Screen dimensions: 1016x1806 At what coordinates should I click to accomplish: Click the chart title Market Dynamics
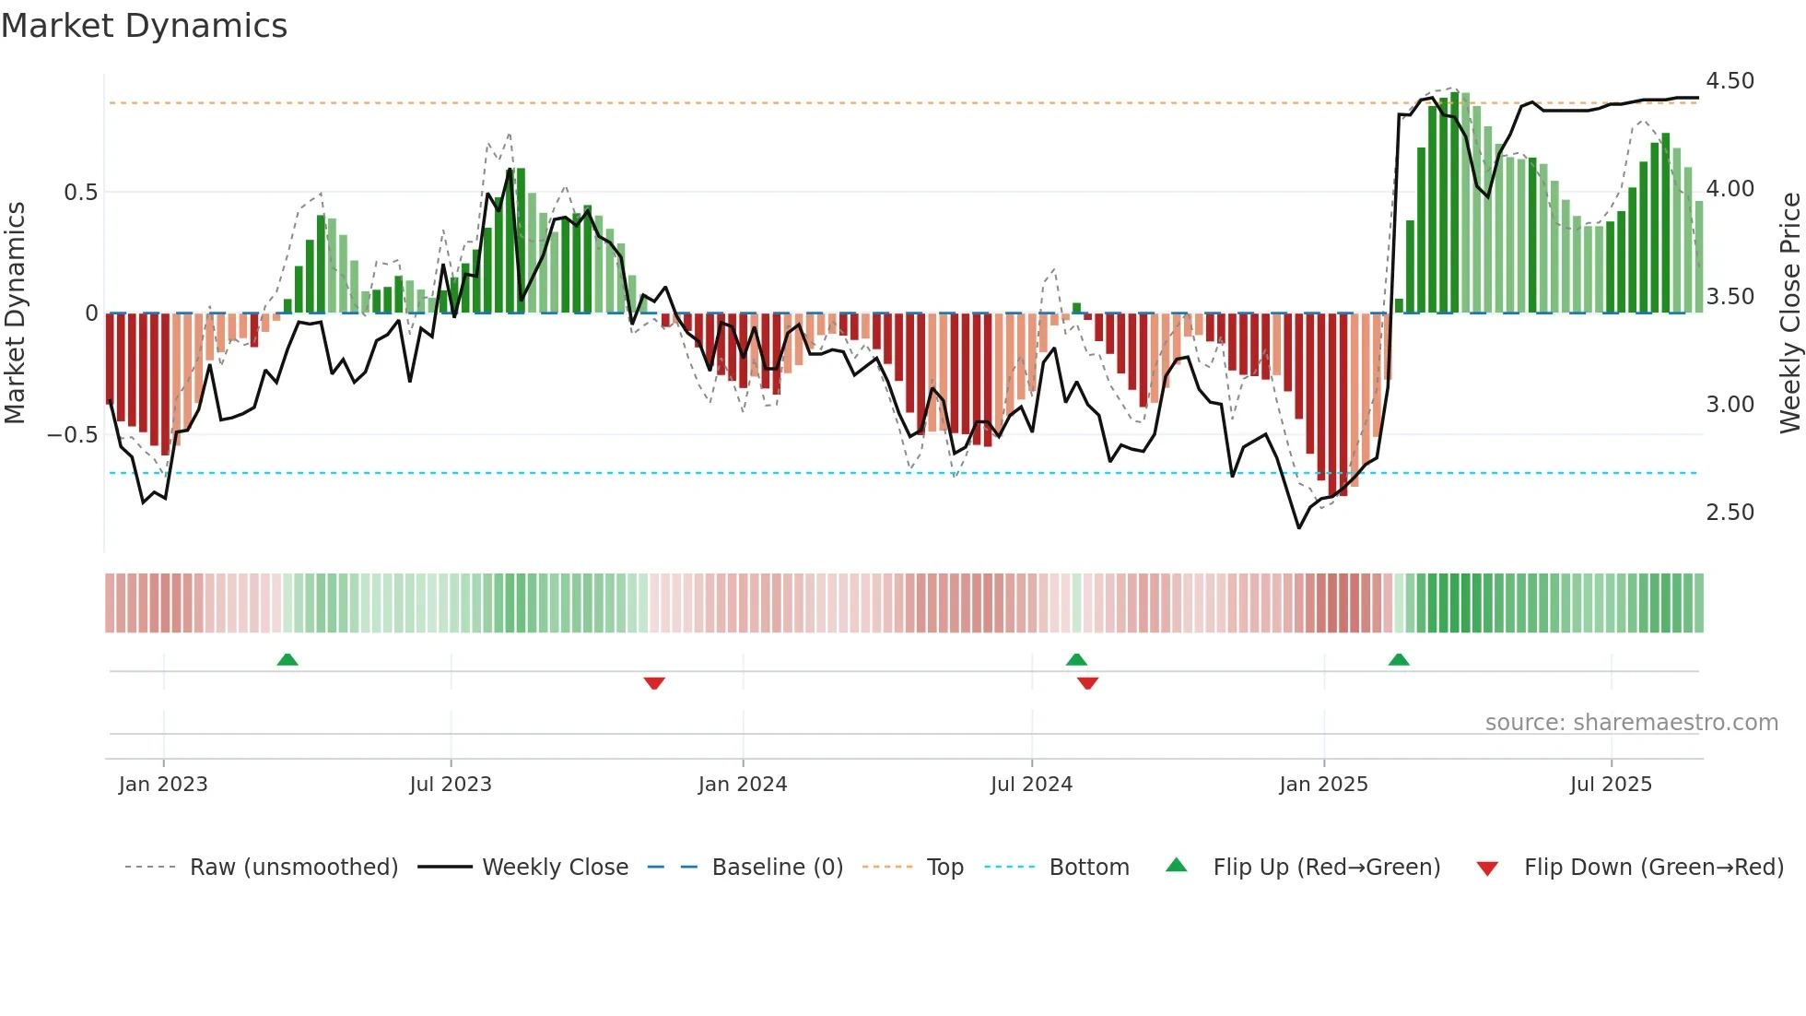point(145,26)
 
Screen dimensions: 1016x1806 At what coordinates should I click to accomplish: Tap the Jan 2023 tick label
point(163,785)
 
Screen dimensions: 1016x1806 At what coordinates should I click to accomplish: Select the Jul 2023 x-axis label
point(451,785)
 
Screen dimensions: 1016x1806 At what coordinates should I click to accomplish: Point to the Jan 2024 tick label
point(743,785)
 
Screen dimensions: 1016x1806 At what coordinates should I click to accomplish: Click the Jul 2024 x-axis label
point(1031,785)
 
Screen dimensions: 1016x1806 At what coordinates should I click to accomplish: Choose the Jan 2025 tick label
point(1323,785)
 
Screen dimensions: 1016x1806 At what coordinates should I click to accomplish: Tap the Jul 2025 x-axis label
point(1611,785)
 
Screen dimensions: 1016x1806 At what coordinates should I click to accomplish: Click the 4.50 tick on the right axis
point(1730,81)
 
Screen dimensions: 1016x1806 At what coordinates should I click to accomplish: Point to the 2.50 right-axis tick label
point(1730,513)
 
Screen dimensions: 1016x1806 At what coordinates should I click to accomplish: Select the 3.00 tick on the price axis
point(1730,405)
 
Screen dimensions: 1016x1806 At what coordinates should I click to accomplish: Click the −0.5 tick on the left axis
point(73,434)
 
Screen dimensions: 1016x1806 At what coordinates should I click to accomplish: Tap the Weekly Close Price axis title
point(1789,313)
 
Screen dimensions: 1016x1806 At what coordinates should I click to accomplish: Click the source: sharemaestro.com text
point(1631,723)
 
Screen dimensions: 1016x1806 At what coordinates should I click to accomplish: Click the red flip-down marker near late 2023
point(654,683)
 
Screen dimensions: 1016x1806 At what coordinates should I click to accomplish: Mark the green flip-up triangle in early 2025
point(1399,659)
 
